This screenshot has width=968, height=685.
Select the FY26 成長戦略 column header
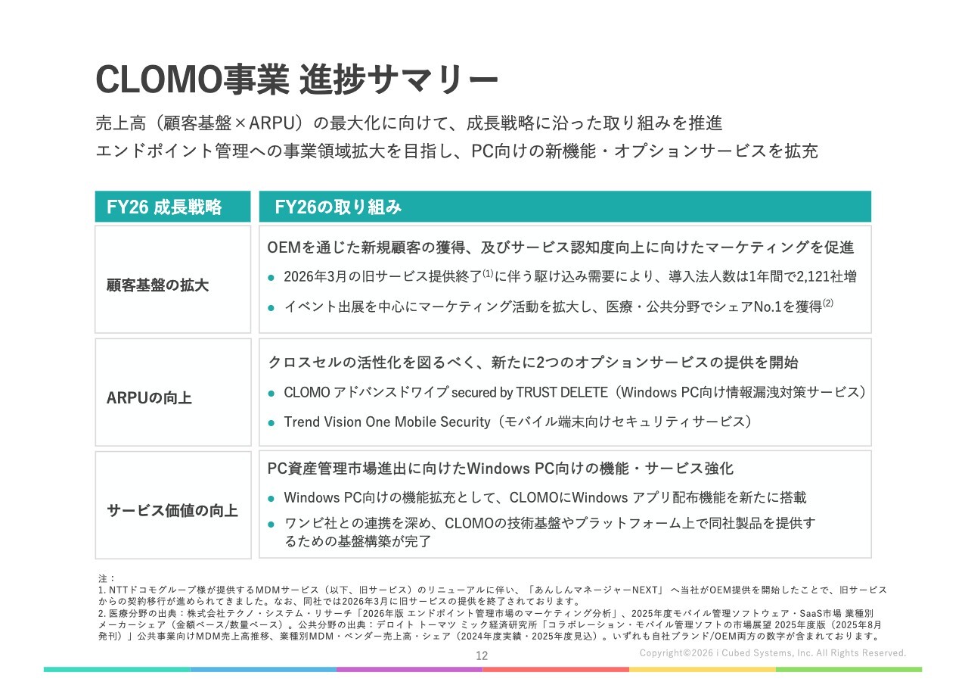click(164, 207)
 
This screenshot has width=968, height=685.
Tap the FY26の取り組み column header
click(338, 207)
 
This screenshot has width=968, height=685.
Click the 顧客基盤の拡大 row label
click(158, 285)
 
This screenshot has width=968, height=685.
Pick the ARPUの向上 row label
click(149, 398)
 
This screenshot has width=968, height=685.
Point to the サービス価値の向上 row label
click(172, 511)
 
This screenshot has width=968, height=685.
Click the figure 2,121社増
click(827, 276)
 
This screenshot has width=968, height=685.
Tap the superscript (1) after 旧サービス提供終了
click(488, 273)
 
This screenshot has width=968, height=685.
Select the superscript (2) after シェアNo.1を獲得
click(828, 304)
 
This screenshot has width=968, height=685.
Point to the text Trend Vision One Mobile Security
click(387, 422)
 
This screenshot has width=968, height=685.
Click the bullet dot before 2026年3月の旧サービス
click(271, 278)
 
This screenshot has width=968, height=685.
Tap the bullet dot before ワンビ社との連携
click(271, 525)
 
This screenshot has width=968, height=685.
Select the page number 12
click(482, 656)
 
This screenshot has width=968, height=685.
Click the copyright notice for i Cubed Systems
click(773, 653)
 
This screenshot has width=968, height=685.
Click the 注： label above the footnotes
click(107, 578)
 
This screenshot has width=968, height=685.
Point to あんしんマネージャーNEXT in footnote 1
click(595, 590)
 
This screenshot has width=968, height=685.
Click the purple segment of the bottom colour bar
click(409, 669)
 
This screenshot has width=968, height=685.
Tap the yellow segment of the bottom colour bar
click(703, 669)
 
